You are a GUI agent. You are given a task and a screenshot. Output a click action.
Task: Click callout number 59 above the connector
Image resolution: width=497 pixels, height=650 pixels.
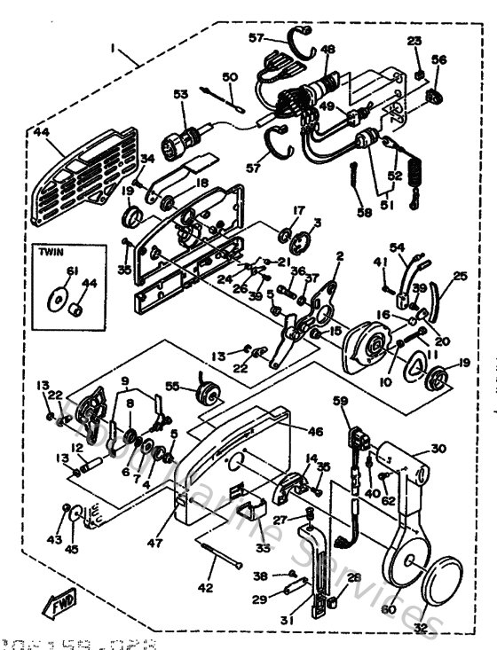click(339, 400)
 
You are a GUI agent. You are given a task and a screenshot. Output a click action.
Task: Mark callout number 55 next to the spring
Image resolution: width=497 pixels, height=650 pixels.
click(174, 387)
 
